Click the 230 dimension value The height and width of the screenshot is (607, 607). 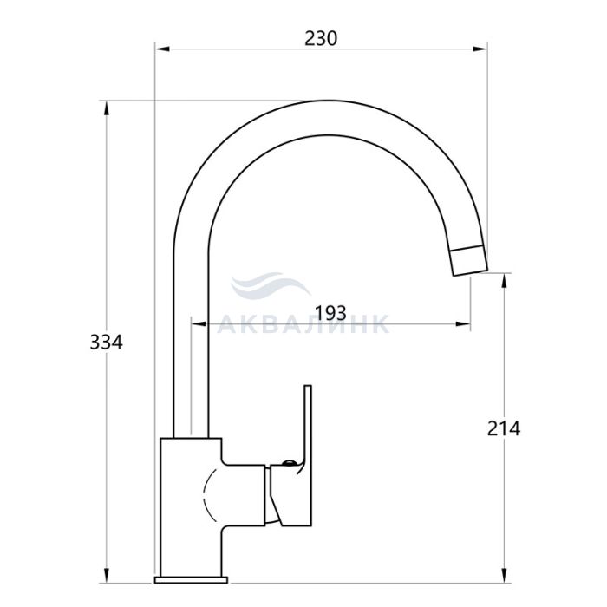[321, 38]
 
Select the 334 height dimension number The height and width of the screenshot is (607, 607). [106, 343]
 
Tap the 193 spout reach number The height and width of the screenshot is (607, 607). [331, 313]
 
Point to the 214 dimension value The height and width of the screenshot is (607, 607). [504, 428]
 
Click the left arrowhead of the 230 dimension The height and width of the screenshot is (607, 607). [163, 49]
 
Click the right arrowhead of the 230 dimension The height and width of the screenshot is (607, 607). [480, 49]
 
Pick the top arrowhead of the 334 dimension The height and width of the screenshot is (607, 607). [106, 108]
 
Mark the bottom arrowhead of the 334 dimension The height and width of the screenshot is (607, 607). [106, 574]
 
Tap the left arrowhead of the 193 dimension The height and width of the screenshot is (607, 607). [199, 324]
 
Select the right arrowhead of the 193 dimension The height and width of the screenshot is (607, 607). [463, 324]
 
